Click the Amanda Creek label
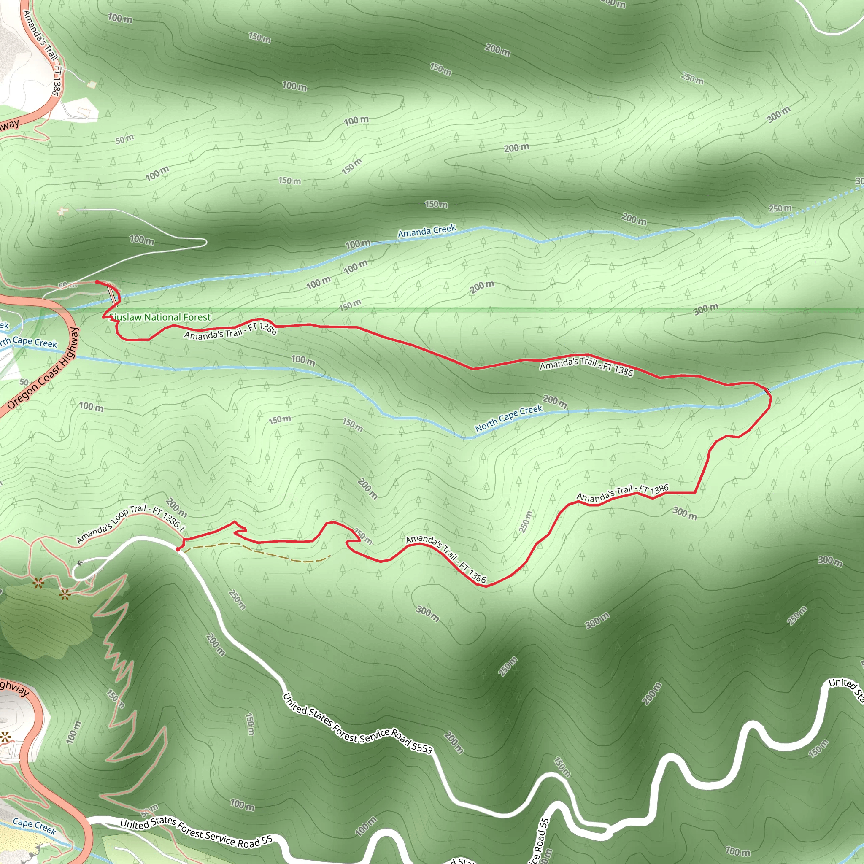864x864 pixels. [427, 231]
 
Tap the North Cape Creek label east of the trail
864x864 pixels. [508, 418]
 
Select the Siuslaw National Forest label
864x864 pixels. [160, 317]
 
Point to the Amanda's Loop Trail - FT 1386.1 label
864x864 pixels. [131, 523]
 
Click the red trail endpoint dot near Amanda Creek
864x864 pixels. [97, 282]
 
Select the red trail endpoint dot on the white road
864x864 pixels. [178, 549]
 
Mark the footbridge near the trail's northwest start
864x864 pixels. [111, 293]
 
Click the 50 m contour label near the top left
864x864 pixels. [124, 139]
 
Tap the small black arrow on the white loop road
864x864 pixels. [80, 563]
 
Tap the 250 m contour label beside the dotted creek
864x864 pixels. [780, 208]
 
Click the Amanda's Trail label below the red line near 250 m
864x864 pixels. [445, 559]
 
